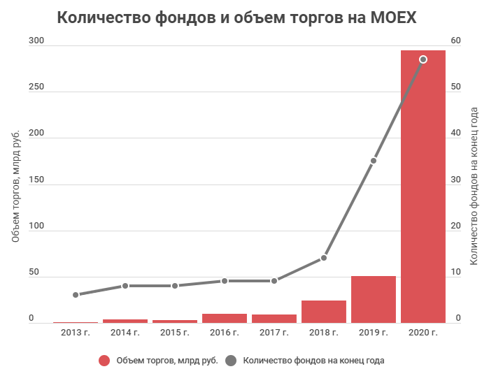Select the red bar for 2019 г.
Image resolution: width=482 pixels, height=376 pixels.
pos(373,300)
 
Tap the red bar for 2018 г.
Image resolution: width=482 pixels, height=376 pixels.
pos(323,312)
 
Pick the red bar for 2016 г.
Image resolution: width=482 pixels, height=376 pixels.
pos(225,318)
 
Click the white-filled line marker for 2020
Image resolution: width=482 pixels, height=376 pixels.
pos(423,59)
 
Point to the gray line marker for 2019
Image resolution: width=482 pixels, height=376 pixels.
pos(373,161)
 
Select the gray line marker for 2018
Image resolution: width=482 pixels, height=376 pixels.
pos(323,258)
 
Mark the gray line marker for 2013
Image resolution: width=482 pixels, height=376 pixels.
pos(76,295)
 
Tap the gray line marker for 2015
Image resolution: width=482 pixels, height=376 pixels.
pos(175,286)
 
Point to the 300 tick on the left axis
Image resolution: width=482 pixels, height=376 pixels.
pos(36,41)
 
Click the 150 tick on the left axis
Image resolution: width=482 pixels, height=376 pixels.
pos(36,180)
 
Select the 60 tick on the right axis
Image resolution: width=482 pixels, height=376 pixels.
pos(456,41)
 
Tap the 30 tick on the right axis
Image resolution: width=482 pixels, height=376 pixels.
pos(456,180)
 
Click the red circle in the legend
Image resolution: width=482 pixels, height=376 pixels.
pos(104,361)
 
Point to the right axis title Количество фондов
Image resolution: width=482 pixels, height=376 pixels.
pos(474,185)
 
